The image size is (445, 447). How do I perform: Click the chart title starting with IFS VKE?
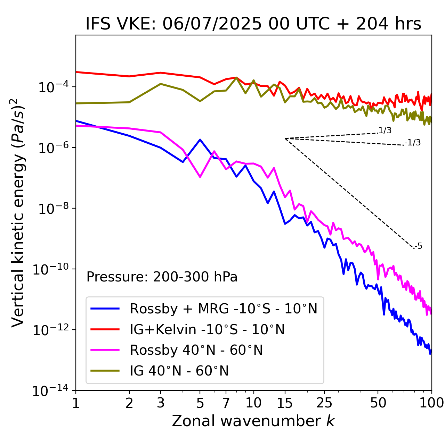point(253,24)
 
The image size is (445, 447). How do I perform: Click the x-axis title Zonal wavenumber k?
point(253,421)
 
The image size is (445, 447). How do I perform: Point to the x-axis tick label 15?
point(285,403)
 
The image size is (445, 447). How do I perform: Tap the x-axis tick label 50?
point(378,403)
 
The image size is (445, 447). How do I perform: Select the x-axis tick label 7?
point(226,403)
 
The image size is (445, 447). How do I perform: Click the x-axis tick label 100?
point(431,403)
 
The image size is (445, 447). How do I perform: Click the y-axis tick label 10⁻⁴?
point(52,87)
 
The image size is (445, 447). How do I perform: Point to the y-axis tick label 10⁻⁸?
point(52,209)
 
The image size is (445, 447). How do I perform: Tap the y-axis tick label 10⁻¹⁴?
point(50,391)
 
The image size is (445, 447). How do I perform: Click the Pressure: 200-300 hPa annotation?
point(162,277)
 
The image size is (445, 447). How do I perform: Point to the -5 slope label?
point(418,246)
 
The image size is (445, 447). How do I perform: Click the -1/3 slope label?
point(413,143)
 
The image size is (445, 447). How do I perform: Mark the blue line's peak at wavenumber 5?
point(200,140)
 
